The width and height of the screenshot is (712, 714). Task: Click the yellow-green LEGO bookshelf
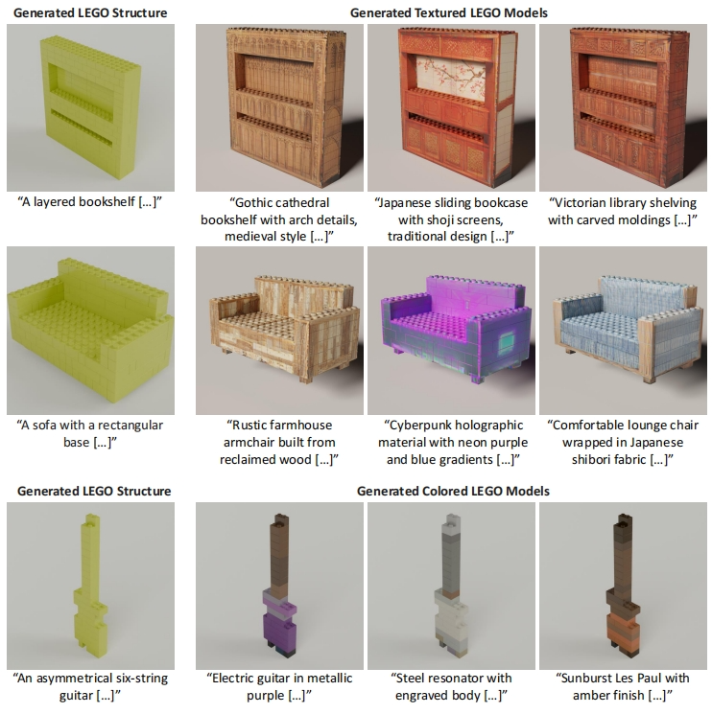coord(90,104)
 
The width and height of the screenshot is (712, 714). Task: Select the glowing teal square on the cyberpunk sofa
coord(506,344)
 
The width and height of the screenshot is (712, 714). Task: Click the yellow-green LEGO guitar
coord(91,586)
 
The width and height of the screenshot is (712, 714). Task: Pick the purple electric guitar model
coord(279,586)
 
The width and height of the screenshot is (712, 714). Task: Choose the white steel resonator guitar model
coord(451,586)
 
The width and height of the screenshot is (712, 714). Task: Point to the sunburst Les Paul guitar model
coord(623,586)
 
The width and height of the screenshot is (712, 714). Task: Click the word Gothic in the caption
coord(252,202)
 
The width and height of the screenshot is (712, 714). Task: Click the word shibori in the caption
coord(593,459)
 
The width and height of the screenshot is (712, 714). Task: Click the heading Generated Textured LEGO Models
coord(448,12)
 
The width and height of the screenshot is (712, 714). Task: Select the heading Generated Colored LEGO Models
coord(453,491)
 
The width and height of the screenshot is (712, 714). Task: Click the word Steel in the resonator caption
coord(412,678)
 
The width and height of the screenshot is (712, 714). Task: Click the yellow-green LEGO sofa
coord(90,330)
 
